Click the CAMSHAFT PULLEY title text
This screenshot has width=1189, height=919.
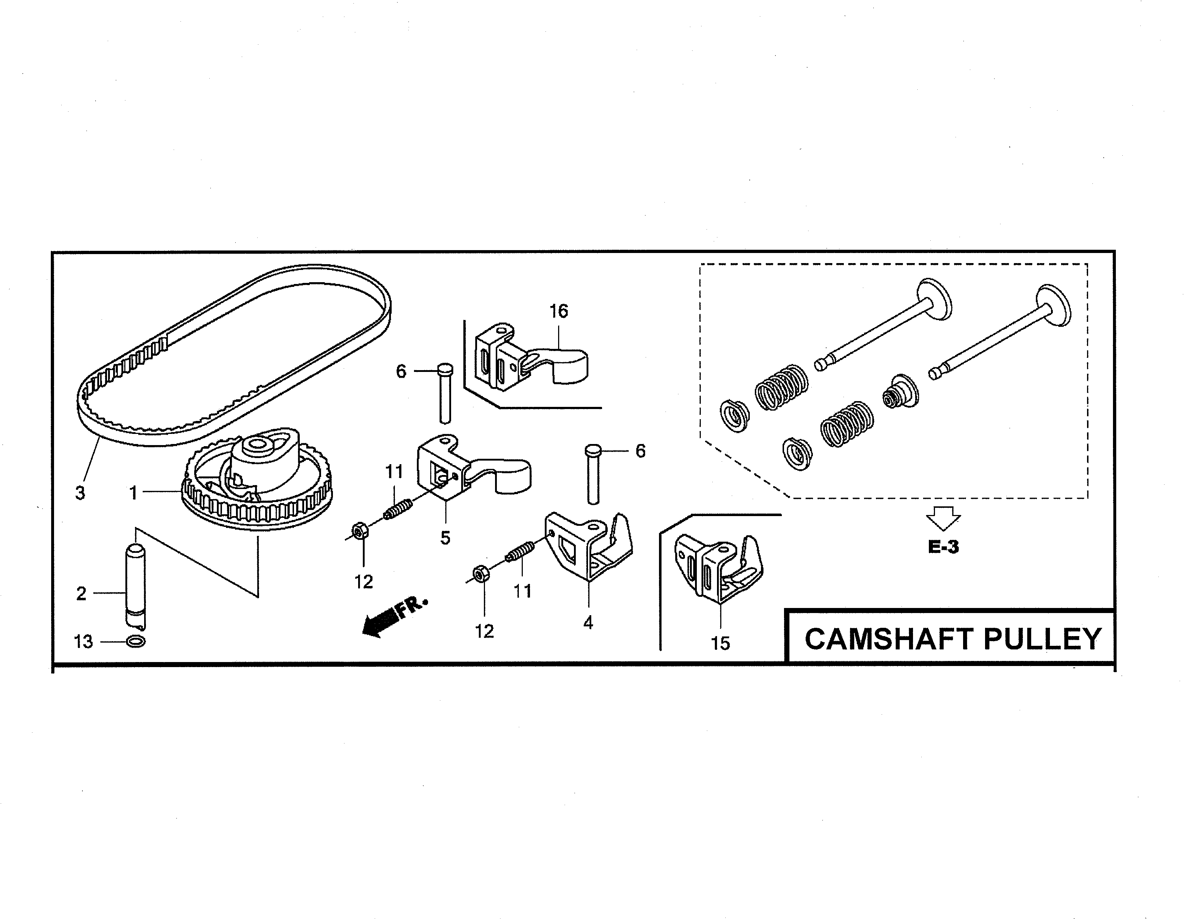(x=953, y=639)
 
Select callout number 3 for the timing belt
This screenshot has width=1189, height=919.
(x=80, y=493)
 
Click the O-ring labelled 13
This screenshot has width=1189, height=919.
(x=135, y=642)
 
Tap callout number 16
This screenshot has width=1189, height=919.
(x=558, y=311)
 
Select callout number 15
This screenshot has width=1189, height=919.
(x=720, y=644)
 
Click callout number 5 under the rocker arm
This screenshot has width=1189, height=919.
(x=445, y=538)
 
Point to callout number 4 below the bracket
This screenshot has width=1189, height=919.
(x=588, y=623)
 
